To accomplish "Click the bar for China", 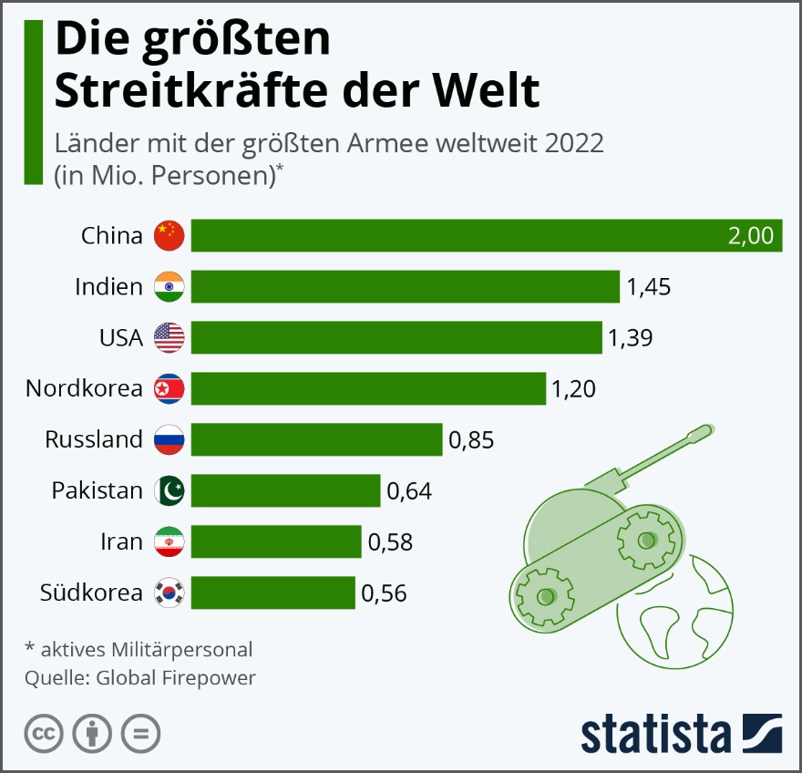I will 456,235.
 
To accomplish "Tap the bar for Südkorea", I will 272,593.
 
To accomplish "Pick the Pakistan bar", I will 285,490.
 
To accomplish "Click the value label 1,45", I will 648,287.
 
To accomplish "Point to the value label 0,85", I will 471,440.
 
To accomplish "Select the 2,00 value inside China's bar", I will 750,236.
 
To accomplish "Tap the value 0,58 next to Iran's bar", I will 390,542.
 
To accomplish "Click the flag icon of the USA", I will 170,337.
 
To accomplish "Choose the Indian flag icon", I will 170,286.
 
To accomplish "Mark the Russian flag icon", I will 170,439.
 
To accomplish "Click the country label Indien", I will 108,287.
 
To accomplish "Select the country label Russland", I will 94,440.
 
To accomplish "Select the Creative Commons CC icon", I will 43,734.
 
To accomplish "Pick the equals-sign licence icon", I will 140,734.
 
